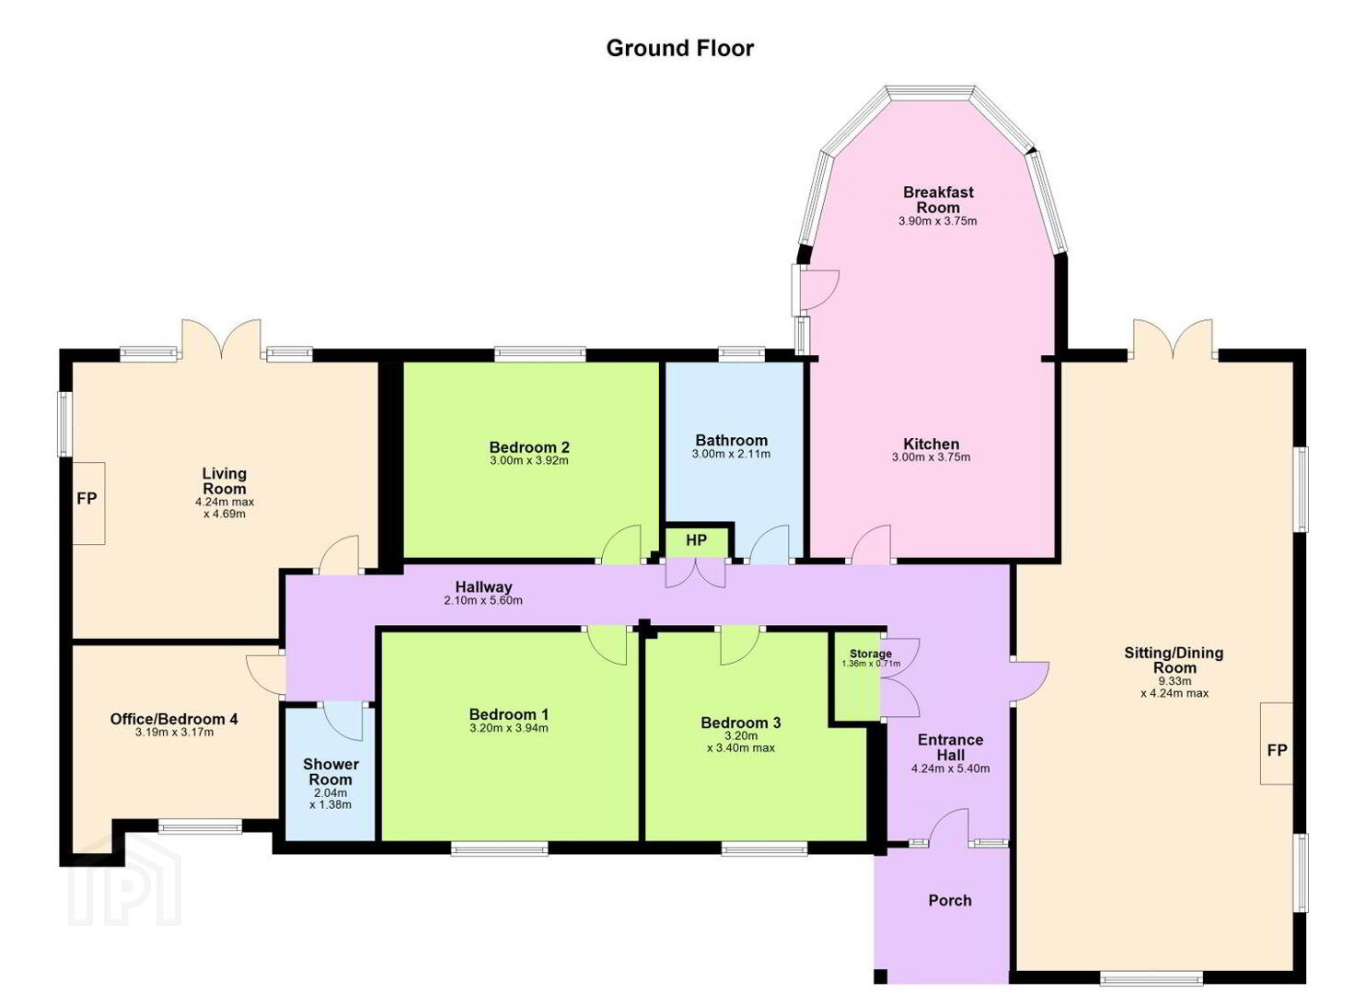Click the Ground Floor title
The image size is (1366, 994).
[x=679, y=48]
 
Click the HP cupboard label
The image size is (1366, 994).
[x=696, y=540]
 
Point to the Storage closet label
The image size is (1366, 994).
[x=870, y=654]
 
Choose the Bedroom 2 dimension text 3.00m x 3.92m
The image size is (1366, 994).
[x=528, y=460]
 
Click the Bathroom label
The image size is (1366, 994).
[x=731, y=440]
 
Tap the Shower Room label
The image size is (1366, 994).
[x=330, y=772]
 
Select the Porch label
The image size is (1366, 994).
[x=950, y=901]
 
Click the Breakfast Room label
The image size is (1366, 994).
[x=938, y=200]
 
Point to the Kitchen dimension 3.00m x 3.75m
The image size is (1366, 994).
[x=932, y=457]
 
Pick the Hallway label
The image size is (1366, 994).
[x=483, y=587]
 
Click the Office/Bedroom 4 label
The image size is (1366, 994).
[x=174, y=720]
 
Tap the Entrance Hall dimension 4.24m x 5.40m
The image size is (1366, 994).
[x=950, y=769]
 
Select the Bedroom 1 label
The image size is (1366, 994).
[x=509, y=714]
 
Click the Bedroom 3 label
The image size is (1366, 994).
[x=740, y=723]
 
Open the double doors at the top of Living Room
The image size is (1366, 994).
[x=222, y=339]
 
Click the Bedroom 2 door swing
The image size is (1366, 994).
[x=621, y=543]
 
